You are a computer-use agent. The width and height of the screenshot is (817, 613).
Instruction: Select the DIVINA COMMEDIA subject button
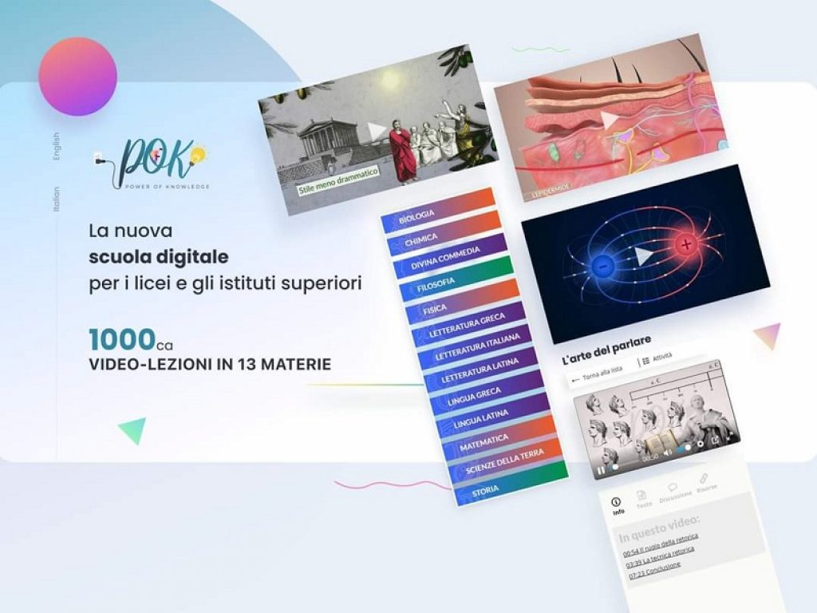click(x=445, y=258)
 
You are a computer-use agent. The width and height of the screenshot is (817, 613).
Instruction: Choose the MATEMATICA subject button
click(x=484, y=440)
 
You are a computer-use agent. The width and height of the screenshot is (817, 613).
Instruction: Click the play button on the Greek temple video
click(x=376, y=131)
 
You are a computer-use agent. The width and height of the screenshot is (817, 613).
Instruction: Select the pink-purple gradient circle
click(x=77, y=77)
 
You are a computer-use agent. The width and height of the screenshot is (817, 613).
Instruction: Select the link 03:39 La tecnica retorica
click(x=660, y=551)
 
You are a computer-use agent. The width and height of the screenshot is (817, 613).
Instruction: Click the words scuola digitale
click(x=159, y=257)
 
